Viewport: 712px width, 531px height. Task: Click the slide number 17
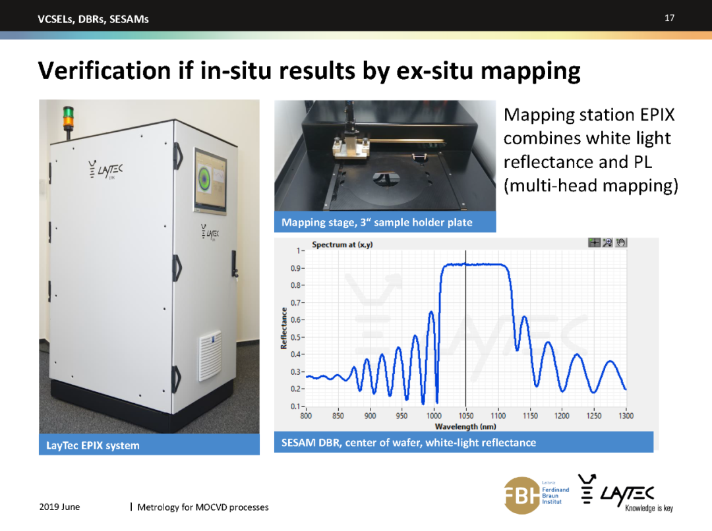pyautogui.click(x=669, y=18)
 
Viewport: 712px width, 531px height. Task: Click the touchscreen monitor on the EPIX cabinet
pyautogui.click(x=210, y=181)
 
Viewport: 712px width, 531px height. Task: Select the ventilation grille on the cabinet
pyautogui.click(x=210, y=355)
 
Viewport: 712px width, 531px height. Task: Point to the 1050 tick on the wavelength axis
pyautogui.click(x=466, y=416)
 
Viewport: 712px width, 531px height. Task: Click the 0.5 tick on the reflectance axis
pyautogui.click(x=297, y=338)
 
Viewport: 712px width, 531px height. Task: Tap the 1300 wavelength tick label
pyautogui.click(x=626, y=416)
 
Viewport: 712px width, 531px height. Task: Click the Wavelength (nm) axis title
pyautogui.click(x=465, y=427)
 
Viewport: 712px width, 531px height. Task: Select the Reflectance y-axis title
pyautogui.click(x=283, y=329)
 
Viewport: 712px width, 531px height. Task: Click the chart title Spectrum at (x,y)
pyautogui.click(x=342, y=244)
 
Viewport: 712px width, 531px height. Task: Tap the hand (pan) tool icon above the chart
pyautogui.click(x=621, y=242)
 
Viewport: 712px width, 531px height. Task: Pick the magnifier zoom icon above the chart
pyautogui.click(x=608, y=242)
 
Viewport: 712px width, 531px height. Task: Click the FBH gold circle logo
pyautogui.click(x=521, y=495)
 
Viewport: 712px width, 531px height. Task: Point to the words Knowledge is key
pyautogui.click(x=649, y=509)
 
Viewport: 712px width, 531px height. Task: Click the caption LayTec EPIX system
pyautogui.click(x=93, y=445)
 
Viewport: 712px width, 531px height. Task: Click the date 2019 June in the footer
pyautogui.click(x=59, y=507)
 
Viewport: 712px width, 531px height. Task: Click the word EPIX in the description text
pyautogui.click(x=657, y=115)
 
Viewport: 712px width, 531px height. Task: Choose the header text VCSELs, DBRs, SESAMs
pyautogui.click(x=93, y=19)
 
